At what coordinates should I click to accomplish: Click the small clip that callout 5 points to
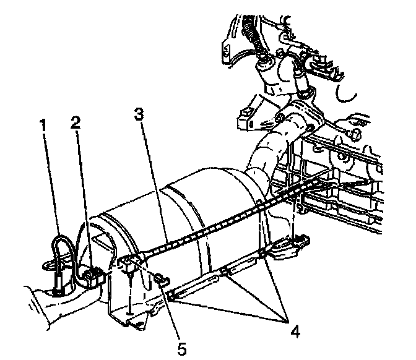pos(160,280)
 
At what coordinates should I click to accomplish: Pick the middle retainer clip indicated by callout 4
pos(225,272)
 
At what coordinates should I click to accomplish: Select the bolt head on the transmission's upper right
pos(357,132)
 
